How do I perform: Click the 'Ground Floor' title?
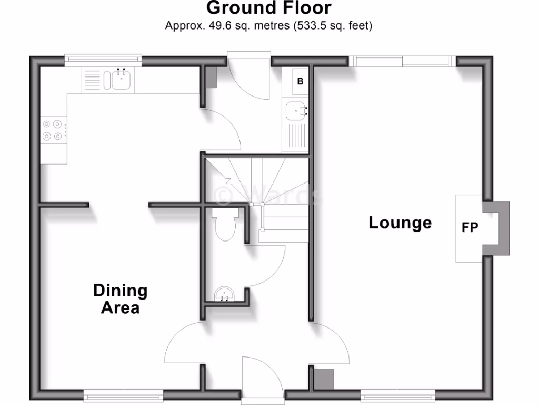(269, 8)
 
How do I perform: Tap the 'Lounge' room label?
(400, 223)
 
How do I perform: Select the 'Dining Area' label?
(120, 298)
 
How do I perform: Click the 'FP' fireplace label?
(470, 228)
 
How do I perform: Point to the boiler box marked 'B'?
(300, 81)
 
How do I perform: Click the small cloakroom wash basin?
(226, 293)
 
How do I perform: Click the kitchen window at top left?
(103, 60)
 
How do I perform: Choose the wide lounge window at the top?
(403, 61)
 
